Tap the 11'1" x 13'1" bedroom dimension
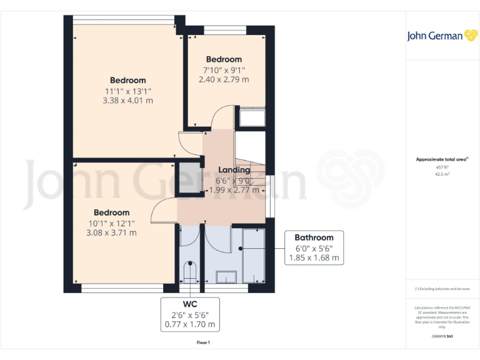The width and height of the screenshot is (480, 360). click(128, 91)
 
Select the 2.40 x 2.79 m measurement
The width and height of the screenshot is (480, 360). click(224, 79)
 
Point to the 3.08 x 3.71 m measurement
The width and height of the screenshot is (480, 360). click(111, 232)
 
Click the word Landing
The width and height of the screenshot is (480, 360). click(234, 170)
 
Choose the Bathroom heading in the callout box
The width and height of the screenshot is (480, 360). click(314, 237)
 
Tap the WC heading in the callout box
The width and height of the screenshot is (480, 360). click(189, 304)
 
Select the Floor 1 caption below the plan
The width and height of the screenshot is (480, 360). click(203, 342)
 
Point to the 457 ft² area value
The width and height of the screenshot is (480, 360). click(442, 167)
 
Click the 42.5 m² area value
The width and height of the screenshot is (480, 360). click(442, 174)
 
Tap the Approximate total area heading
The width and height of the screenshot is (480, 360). click(441, 160)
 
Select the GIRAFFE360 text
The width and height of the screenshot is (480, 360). click(442, 336)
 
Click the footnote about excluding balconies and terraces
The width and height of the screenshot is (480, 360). click(442, 289)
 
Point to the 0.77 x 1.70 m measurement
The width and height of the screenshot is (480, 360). click(189, 324)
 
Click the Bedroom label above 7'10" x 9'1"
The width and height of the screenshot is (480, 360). click(224, 60)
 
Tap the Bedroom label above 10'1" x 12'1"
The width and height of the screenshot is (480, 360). click(111, 212)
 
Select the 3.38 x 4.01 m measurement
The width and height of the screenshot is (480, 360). click(128, 100)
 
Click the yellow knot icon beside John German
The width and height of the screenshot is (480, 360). click(471, 36)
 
